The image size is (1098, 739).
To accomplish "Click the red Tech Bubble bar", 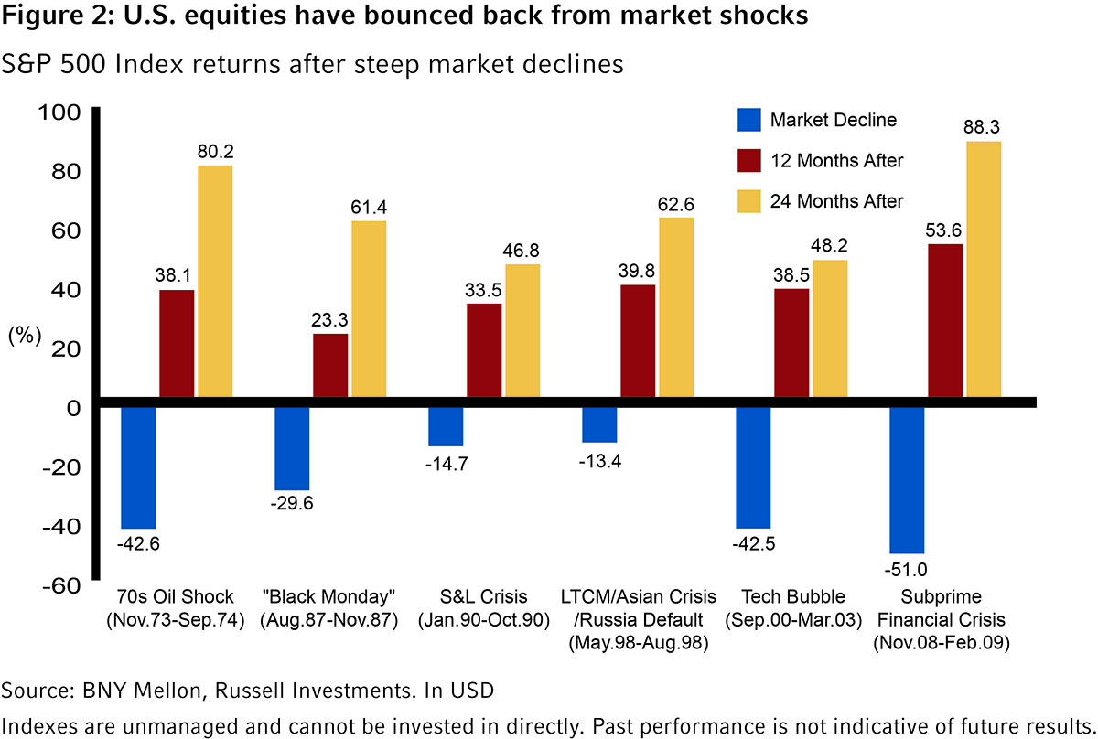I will [x=791, y=345].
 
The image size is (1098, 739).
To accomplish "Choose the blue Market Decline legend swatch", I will [x=747, y=120].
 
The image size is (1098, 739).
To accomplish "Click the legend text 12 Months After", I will [x=836, y=161].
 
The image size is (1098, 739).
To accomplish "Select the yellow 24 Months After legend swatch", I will [x=747, y=201].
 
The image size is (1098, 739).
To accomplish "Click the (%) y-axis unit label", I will [x=25, y=336].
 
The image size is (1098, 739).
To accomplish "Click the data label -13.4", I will [x=599, y=459].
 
